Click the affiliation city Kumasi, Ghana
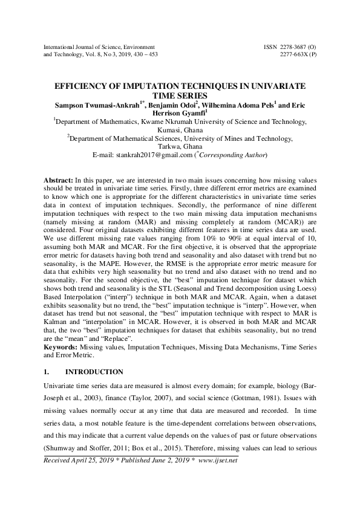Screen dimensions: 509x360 pos(180,129)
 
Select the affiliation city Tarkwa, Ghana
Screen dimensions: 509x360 pos(180,146)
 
